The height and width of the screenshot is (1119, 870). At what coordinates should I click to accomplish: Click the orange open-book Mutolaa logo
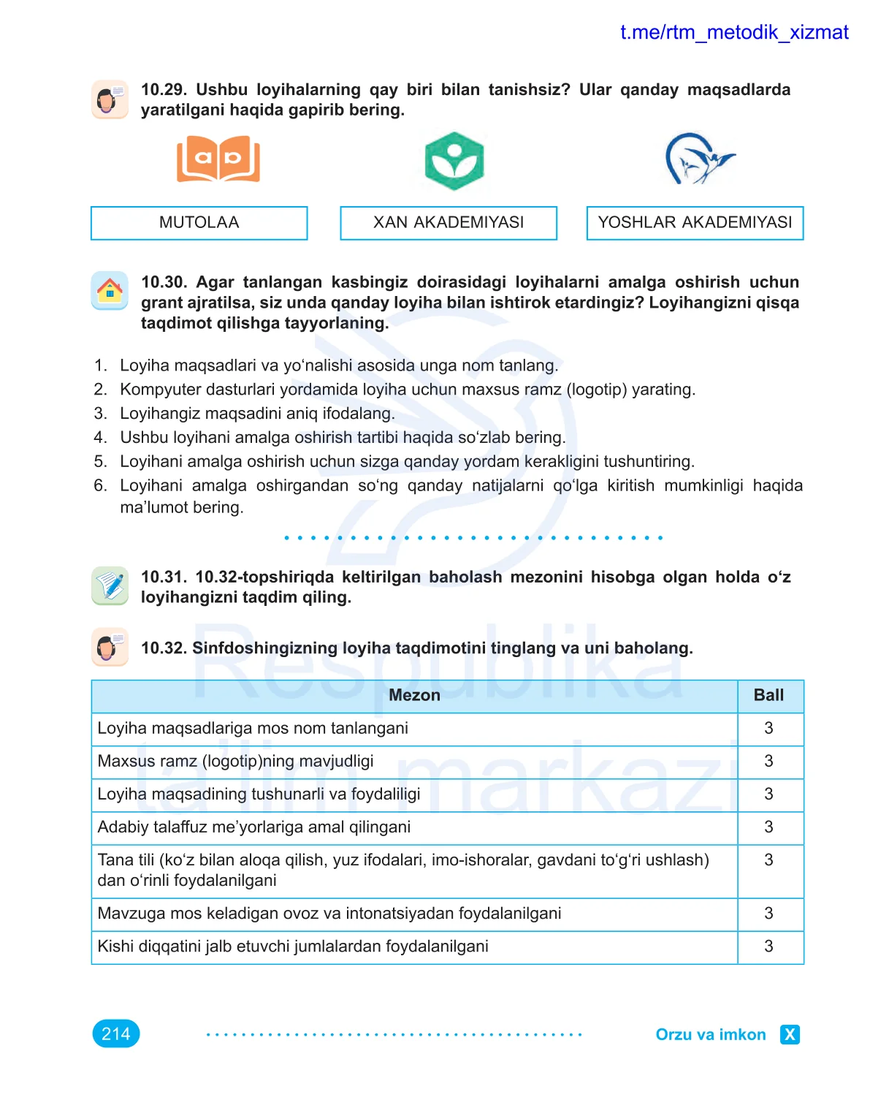218,159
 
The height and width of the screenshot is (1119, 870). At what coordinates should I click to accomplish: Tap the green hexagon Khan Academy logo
454,161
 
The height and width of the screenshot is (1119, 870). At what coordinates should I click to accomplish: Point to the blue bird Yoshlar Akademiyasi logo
698,159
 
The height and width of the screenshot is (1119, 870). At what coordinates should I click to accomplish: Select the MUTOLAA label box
199,223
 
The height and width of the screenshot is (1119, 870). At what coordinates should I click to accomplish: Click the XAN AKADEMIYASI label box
449,223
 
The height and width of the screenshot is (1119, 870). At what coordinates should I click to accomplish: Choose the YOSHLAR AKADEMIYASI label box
695,223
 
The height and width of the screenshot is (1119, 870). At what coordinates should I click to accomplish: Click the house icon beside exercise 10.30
110,290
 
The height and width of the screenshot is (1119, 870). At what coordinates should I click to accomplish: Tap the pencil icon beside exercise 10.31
110,585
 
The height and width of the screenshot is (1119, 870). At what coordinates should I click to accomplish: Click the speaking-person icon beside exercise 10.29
110,99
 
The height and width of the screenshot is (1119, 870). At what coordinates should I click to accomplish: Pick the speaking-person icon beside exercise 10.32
110,647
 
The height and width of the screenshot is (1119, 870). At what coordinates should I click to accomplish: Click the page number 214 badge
116,1033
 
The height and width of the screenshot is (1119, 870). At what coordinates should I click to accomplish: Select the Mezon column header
414,696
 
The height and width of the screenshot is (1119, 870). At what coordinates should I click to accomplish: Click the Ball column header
769,696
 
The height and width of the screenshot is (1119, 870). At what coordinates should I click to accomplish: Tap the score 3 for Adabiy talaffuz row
769,827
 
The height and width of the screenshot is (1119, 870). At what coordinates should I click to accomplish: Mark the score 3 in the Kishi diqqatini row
769,947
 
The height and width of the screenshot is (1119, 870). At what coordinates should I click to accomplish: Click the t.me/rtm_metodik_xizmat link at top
734,33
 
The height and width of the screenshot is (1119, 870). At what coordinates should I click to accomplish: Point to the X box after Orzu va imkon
790,1034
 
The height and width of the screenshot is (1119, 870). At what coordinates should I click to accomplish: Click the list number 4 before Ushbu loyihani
100,438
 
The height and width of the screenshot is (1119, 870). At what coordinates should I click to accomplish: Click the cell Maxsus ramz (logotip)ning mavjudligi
235,762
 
